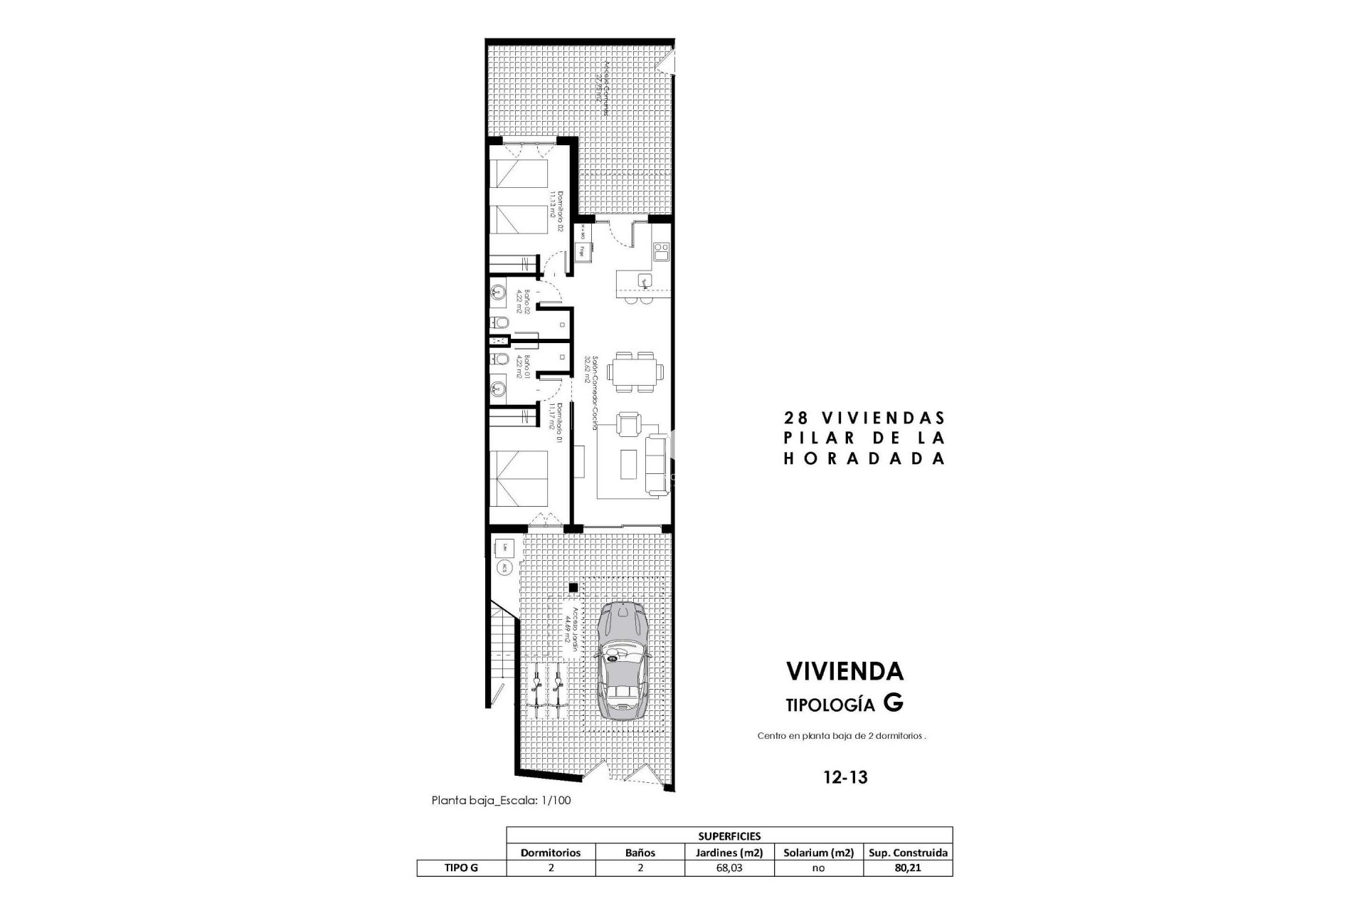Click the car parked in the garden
coord(623,661)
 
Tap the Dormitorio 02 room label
coord(556,211)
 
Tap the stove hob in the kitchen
coord(661,251)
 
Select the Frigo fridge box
coord(582,251)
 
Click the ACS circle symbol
coord(504,568)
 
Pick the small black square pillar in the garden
coord(573,588)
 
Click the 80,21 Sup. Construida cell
coord(909,868)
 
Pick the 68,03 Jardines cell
coord(729,868)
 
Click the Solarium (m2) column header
coord(818,853)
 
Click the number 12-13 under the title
coord(845,777)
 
